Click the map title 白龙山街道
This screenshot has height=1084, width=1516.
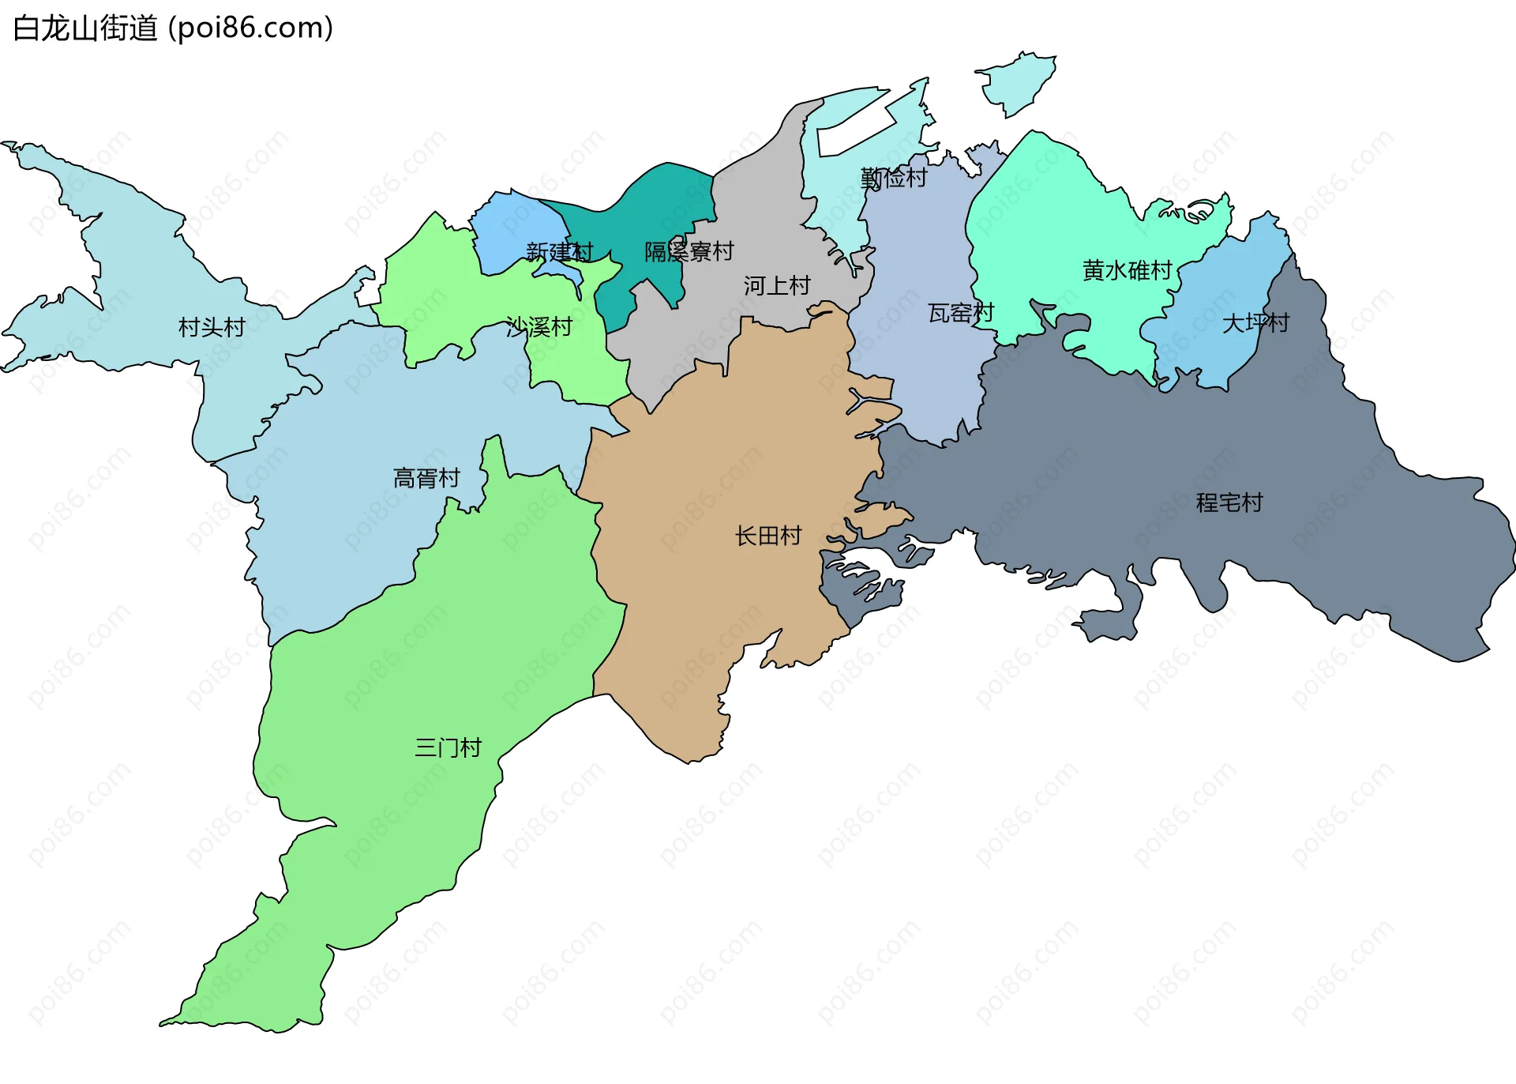pyautogui.click(x=85, y=28)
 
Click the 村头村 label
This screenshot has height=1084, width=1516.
pyautogui.click(x=212, y=327)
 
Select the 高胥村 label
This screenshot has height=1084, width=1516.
pyautogui.click(x=426, y=478)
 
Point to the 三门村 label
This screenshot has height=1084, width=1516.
pyautogui.click(x=448, y=747)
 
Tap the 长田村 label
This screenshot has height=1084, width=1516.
pyautogui.click(x=768, y=536)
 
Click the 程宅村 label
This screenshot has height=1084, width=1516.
pyautogui.click(x=1229, y=502)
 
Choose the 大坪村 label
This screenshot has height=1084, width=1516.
pyautogui.click(x=1255, y=322)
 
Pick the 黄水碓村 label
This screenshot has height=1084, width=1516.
pyautogui.click(x=1128, y=270)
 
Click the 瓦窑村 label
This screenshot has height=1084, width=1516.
pyautogui.click(x=961, y=313)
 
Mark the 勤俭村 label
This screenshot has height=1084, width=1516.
pyautogui.click(x=894, y=178)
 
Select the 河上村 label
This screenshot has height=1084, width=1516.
pyautogui.click(x=777, y=285)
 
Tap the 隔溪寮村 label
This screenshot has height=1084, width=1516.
pyautogui.click(x=689, y=251)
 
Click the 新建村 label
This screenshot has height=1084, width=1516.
pyautogui.click(x=559, y=252)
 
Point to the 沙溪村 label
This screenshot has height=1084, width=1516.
pyautogui.click(x=539, y=326)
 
